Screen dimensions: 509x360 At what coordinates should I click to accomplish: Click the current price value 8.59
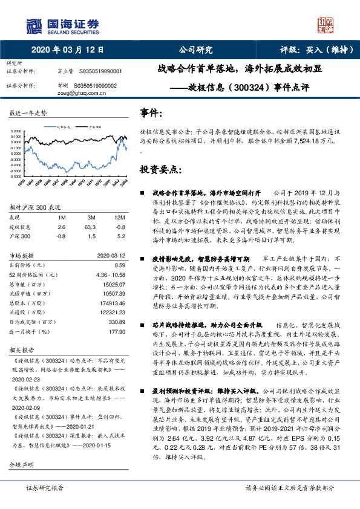[x=119, y=265]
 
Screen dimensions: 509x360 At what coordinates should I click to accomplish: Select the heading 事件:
[x=151, y=113]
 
